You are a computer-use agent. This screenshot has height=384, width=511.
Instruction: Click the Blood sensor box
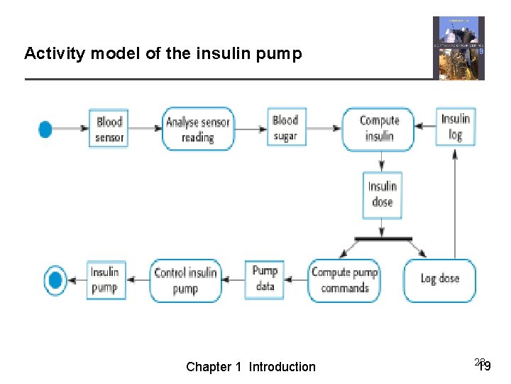click(109, 129)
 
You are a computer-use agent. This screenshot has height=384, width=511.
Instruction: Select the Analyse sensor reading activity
click(197, 129)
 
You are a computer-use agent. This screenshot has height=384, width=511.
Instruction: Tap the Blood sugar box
click(286, 128)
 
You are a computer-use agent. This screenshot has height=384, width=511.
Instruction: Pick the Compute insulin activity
click(378, 129)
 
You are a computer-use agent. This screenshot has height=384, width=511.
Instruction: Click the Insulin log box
click(455, 127)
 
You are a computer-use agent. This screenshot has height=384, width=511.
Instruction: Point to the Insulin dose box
click(382, 194)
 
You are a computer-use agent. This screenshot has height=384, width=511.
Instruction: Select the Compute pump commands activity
click(345, 280)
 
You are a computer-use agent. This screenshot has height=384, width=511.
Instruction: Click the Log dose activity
click(439, 279)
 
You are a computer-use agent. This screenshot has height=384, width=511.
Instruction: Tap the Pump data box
click(265, 279)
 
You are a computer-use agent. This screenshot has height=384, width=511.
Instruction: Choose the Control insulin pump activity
click(185, 280)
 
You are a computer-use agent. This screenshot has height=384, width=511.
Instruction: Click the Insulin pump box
click(104, 279)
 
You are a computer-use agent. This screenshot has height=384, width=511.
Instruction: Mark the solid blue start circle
click(45, 129)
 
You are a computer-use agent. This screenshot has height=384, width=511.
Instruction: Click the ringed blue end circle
click(55, 279)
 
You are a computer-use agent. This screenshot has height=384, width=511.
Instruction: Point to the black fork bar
click(383, 238)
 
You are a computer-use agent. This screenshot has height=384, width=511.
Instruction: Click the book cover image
click(458, 48)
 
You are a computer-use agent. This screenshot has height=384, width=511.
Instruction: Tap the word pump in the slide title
click(283, 53)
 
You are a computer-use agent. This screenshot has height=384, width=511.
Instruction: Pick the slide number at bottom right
click(483, 366)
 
